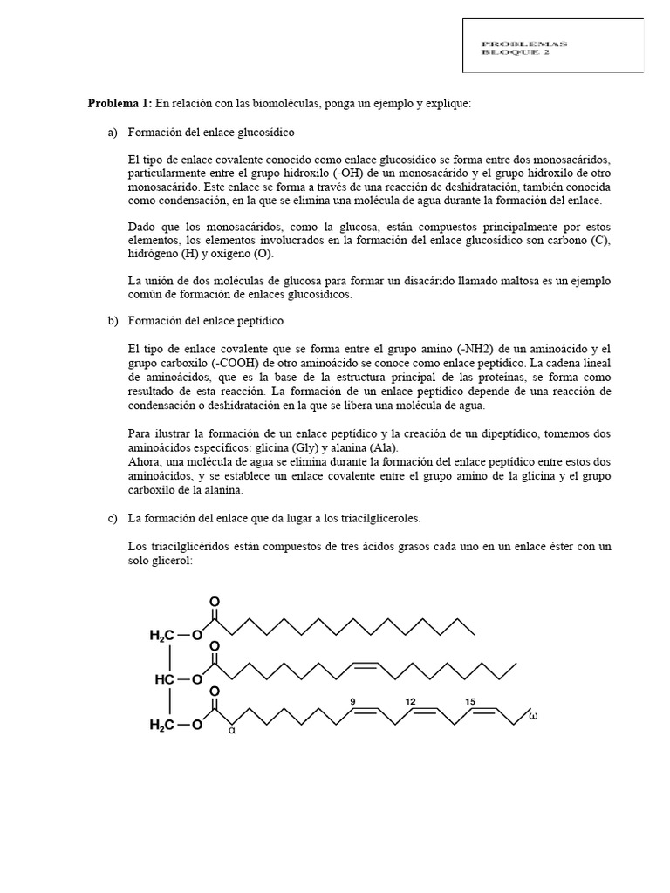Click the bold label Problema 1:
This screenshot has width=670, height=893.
click(120, 104)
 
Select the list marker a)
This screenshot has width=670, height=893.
click(113, 133)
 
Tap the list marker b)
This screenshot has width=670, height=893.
click(113, 321)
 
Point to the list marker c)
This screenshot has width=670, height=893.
click(113, 518)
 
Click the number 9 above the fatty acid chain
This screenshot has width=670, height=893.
click(353, 700)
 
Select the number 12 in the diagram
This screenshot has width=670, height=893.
click(410, 700)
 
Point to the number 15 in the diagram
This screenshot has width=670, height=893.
click(469, 700)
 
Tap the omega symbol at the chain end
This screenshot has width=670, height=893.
click(534, 718)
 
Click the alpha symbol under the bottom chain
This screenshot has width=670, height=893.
click(232, 731)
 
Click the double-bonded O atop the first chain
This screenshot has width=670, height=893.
click(215, 602)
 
